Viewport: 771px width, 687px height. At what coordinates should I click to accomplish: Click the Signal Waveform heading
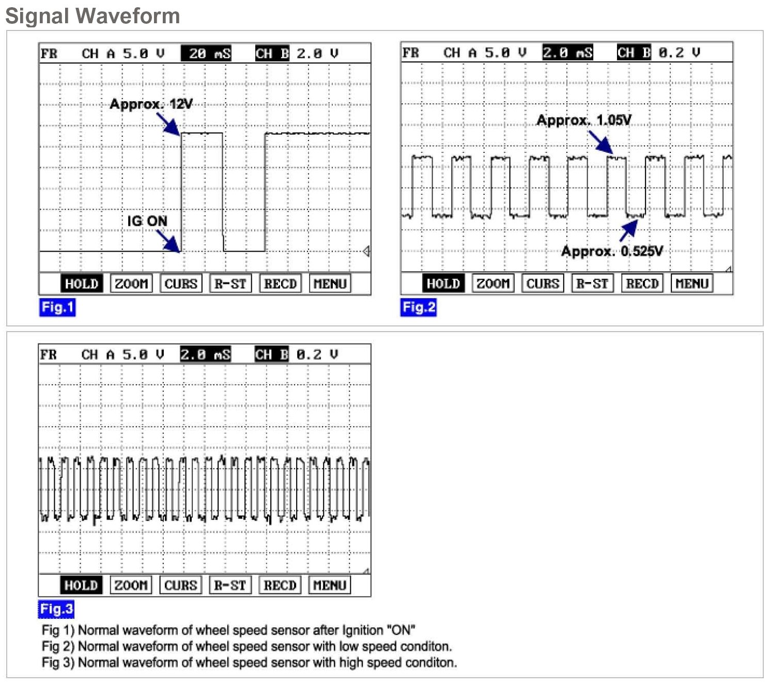(92, 15)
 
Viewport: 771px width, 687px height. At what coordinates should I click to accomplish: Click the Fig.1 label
(57, 307)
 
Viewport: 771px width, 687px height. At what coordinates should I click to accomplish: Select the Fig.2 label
(419, 307)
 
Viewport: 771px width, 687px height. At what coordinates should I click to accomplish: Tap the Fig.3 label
(56, 609)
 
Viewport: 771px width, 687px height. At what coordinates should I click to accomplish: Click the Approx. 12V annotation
(150, 104)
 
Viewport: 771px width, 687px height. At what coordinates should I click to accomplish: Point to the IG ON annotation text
(147, 221)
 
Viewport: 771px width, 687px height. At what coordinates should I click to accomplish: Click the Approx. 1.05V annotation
(584, 120)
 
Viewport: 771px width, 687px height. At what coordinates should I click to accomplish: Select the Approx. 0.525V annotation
(612, 252)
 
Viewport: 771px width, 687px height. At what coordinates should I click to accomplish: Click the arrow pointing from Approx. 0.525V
(628, 230)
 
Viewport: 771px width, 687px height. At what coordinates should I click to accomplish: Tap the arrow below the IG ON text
(168, 241)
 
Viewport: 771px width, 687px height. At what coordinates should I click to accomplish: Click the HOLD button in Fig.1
(81, 284)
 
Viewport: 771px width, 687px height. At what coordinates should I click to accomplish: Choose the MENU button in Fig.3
(329, 585)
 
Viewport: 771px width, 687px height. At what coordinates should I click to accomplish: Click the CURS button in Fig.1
(181, 284)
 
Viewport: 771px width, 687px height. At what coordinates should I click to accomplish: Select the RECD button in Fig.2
(642, 284)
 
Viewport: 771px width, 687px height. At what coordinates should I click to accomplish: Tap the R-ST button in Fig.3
(230, 585)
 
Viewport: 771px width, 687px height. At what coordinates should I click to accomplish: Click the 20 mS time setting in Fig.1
(206, 53)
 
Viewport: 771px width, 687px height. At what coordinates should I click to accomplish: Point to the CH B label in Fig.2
(634, 53)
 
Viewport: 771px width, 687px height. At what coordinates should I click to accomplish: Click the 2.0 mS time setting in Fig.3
(205, 354)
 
